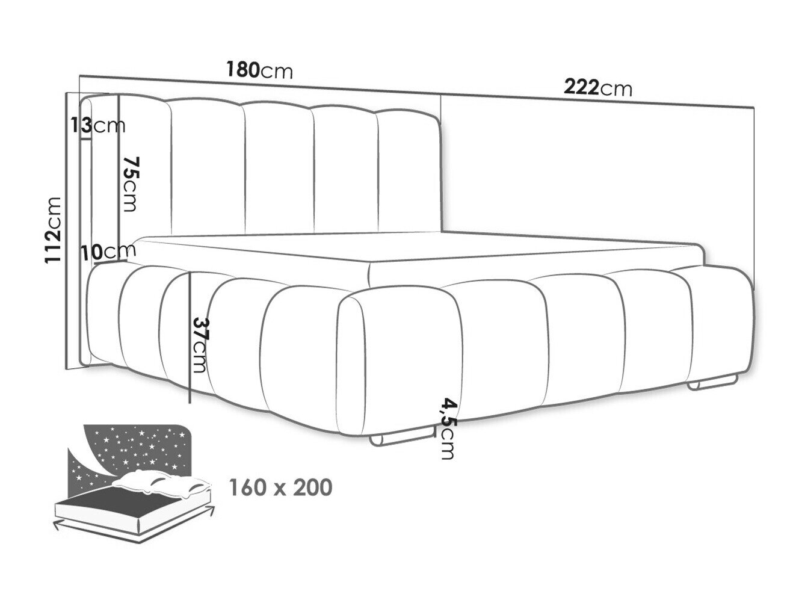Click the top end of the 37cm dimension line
click(x=190, y=273)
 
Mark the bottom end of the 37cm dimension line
click(x=190, y=403)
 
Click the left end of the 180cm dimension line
click(x=79, y=75)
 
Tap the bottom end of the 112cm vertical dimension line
click(x=66, y=370)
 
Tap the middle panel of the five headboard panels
click(x=279, y=170)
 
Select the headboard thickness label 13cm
click(x=98, y=126)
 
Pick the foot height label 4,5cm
click(x=448, y=428)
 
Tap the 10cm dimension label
click(x=108, y=252)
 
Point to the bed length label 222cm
click(x=598, y=88)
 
